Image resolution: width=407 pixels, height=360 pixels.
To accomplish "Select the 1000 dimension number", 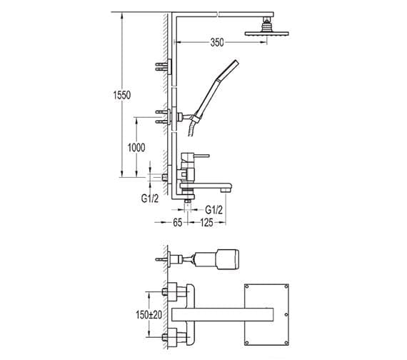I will pyautogui.click(x=137, y=148).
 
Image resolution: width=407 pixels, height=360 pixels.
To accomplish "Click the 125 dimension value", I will pyautogui.click(x=207, y=223).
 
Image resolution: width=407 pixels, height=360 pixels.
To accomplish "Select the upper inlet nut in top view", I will pyautogui.click(x=172, y=291).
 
